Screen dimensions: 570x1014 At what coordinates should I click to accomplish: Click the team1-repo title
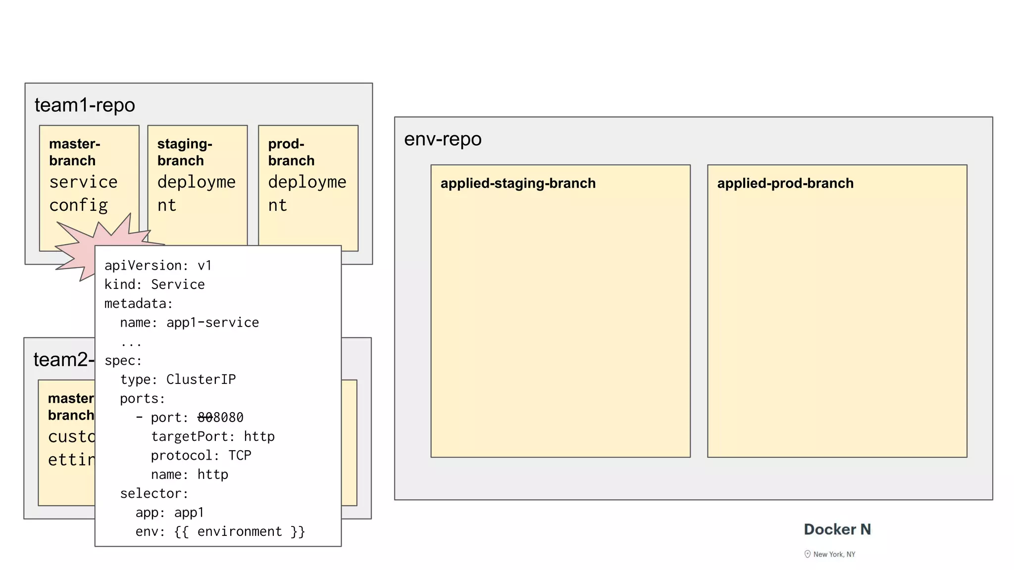click(85, 105)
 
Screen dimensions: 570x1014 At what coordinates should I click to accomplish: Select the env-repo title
click(443, 140)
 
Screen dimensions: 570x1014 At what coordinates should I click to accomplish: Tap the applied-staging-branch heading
click(518, 184)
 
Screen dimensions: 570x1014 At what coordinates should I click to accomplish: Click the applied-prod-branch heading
click(785, 184)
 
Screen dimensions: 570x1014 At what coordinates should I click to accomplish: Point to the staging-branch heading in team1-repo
click(185, 152)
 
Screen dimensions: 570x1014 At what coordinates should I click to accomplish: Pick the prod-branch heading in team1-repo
click(291, 152)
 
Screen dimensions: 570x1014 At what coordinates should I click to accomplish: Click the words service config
click(83, 193)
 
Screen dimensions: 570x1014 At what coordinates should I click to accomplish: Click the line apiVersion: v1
click(158, 266)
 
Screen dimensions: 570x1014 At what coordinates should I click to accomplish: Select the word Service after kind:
click(178, 285)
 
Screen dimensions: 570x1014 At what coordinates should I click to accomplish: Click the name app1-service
click(212, 323)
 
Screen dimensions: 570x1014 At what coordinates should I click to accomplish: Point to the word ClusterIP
click(201, 380)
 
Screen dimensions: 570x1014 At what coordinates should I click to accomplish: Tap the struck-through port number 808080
click(220, 418)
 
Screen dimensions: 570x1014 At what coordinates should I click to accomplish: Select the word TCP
click(240, 455)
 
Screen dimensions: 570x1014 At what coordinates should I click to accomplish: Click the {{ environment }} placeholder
click(240, 531)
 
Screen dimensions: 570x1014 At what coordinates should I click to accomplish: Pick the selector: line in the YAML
click(154, 493)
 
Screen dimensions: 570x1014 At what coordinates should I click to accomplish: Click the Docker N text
click(837, 529)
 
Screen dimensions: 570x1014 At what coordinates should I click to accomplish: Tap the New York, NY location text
click(834, 554)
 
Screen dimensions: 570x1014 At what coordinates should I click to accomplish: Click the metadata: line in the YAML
click(138, 303)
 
